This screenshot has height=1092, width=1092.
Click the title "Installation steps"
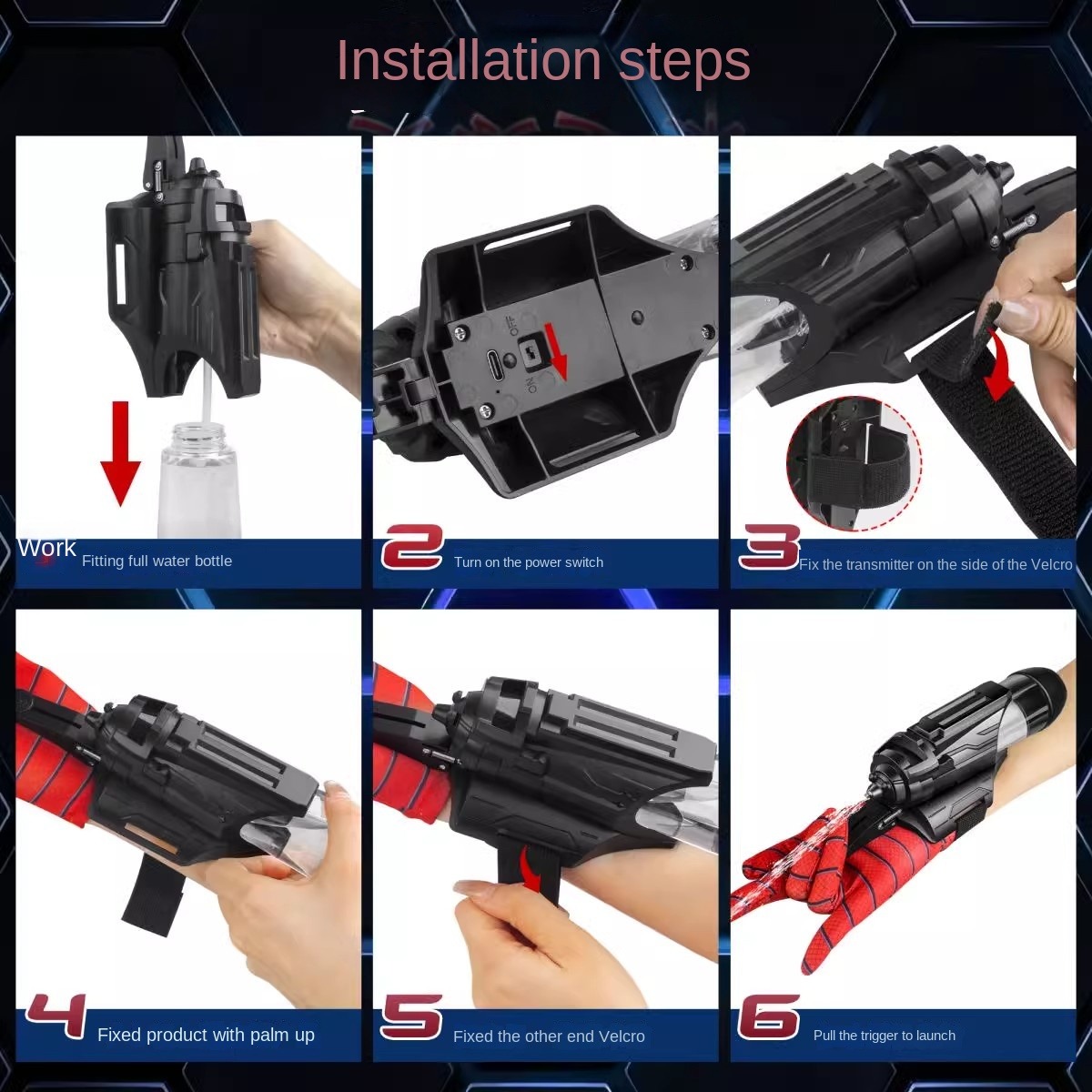pyautogui.click(x=543, y=61)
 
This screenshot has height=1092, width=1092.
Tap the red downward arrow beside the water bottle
pyautogui.click(x=121, y=453)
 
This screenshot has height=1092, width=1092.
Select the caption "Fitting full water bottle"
pyautogui.click(x=157, y=561)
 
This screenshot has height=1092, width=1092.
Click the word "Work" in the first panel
pyautogui.click(x=47, y=548)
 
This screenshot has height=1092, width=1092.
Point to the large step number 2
pyautogui.click(x=412, y=547)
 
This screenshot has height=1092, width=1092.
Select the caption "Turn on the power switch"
pyautogui.click(x=528, y=562)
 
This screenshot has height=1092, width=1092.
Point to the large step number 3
pyautogui.click(x=768, y=547)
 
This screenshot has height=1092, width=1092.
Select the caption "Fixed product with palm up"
pyautogui.click(x=206, y=1035)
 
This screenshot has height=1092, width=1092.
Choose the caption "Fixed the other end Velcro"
pyautogui.click(x=549, y=1036)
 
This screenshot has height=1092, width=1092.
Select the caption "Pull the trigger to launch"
pyautogui.click(x=884, y=1036)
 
